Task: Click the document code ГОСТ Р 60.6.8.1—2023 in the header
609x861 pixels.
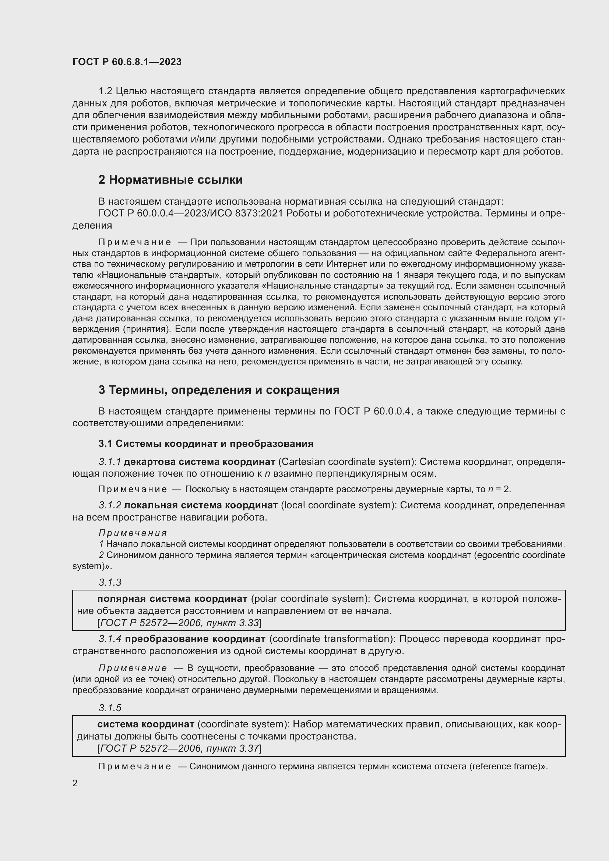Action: [127, 62]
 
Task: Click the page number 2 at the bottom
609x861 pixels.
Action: [75, 783]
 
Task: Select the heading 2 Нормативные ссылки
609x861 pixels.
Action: [170, 180]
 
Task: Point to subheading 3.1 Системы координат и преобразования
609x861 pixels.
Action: [205, 444]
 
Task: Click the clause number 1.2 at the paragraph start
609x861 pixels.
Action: [105, 91]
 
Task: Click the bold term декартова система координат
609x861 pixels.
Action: [199, 462]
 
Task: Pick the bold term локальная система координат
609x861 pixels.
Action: [201, 505]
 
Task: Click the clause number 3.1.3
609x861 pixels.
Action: [110, 582]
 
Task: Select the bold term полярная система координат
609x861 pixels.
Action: [172, 599]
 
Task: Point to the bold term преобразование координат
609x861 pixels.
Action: [195, 639]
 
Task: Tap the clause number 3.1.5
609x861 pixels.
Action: [110, 707]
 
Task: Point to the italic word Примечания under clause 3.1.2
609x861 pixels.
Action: [133, 533]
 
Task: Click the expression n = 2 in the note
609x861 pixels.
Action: [499, 489]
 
